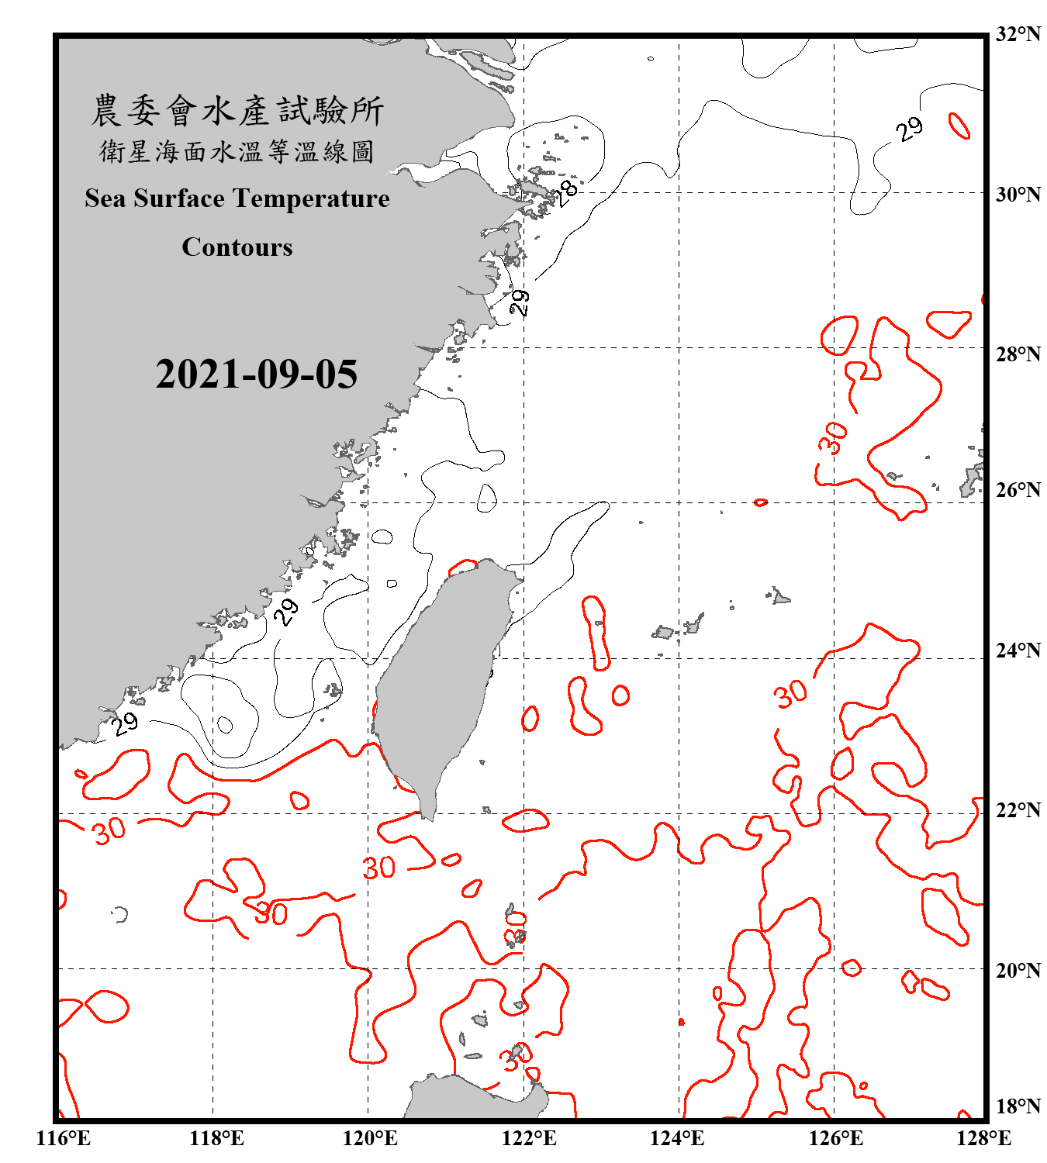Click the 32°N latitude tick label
[x=1018, y=34]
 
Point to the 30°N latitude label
[x=1018, y=194]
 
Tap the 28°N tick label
[x=1018, y=354]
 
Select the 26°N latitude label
[x=1018, y=490]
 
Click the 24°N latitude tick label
[x=1018, y=650]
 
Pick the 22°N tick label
[x=1018, y=809]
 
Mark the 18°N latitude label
[x=1018, y=1106]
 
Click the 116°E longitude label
[x=64, y=1138]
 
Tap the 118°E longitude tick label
[x=216, y=1138]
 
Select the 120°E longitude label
[x=370, y=1138]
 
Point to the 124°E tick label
[x=677, y=1138]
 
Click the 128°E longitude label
[x=984, y=1138]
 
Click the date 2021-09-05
[x=256, y=374]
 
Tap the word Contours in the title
[x=237, y=247]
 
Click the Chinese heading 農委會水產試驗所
[x=237, y=110]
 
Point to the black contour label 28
[x=568, y=191]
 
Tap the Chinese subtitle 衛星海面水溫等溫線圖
[x=237, y=151]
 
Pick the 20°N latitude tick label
[x=1018, y=969]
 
